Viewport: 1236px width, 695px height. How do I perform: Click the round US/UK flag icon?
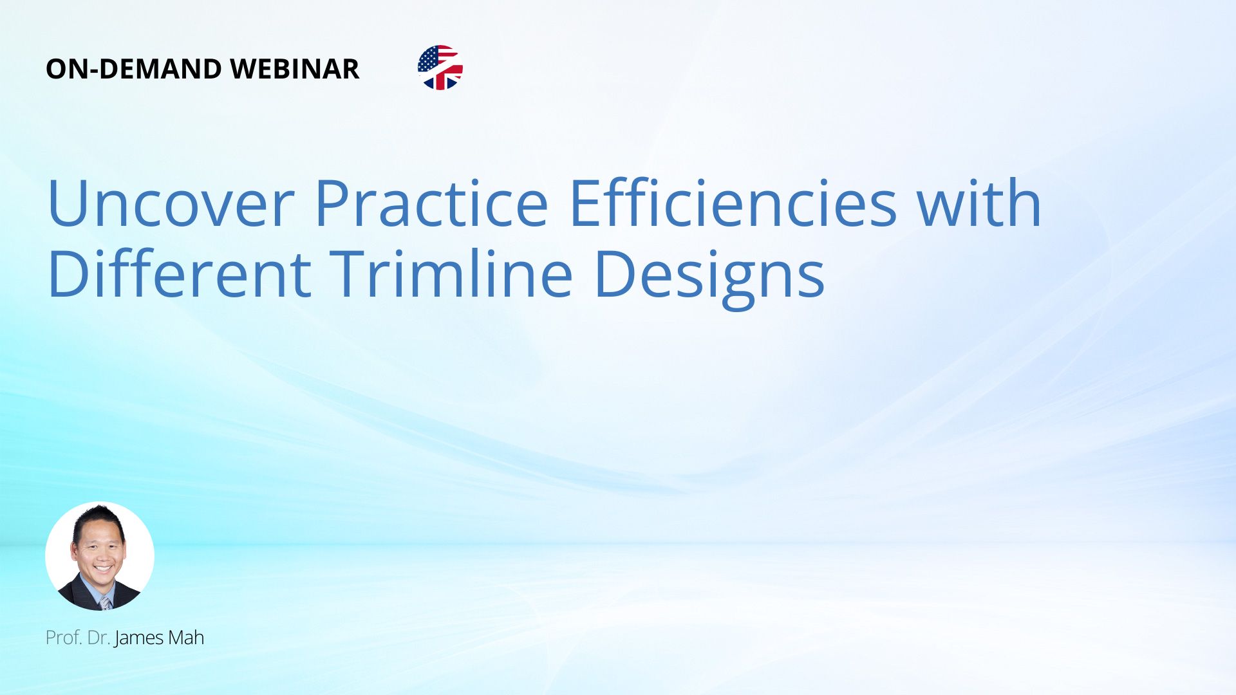(x=440, y=68)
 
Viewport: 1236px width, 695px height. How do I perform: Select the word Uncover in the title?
(x=171, y=204)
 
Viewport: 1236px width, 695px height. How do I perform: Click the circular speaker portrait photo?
(x=100, y=556)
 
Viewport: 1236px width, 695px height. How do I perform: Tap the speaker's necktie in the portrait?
(x=105, y=603)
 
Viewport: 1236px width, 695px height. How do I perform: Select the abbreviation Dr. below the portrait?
(x=98, y=638)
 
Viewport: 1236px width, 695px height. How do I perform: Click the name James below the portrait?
(x=139, y=638)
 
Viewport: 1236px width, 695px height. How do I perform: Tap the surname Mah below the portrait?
(x=186, y=638)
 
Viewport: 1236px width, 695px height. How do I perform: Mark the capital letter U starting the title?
(x=67, y=204)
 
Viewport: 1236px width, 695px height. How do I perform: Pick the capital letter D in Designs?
(x=614, y=273)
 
